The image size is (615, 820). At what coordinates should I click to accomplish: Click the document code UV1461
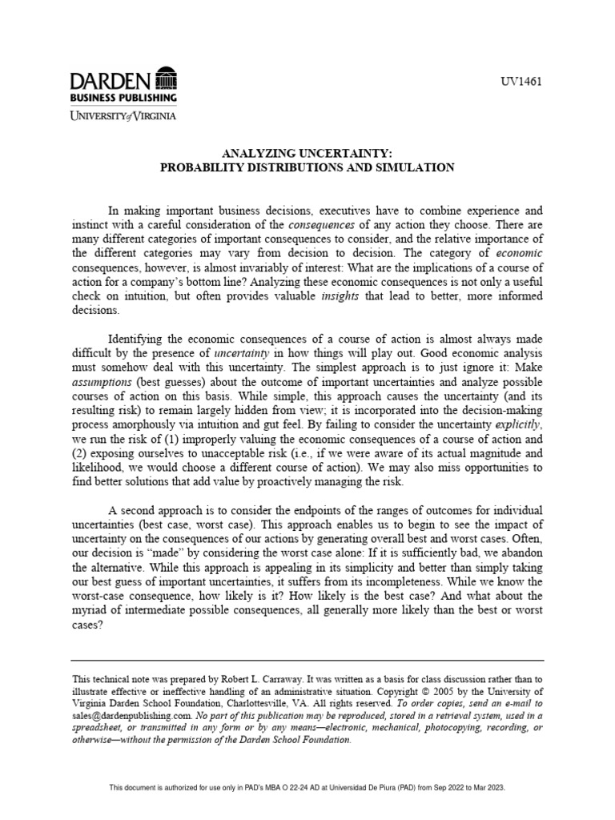click(521, 83)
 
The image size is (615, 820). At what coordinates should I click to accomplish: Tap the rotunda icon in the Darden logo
click(167, 80)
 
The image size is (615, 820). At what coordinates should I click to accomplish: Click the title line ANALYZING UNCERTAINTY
click(307, 154)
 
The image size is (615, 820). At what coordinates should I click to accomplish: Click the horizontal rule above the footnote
click(307, 660)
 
